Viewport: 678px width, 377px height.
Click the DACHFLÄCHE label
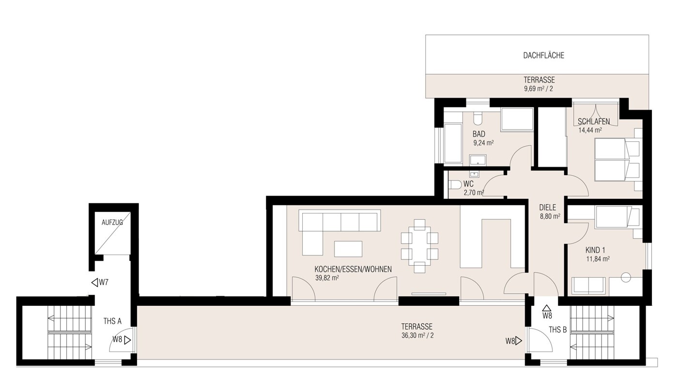(543, 56)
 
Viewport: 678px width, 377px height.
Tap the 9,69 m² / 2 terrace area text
(539, 89)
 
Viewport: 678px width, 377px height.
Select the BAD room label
(478, 134)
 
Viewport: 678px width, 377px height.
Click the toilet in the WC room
(455, 184)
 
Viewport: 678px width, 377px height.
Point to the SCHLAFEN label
(594, 121)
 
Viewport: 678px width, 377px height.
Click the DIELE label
(547, 208)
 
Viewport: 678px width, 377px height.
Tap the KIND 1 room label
(596, 250)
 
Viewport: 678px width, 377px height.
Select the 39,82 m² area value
(326, 278)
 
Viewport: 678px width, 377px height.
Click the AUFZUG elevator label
(112, 223)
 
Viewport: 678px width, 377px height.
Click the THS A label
(112, 321)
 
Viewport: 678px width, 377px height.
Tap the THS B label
(557, 330)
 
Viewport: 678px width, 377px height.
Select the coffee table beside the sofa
(348, 249)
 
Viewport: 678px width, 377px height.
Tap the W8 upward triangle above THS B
(547, 308)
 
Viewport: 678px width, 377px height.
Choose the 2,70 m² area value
(474, 193)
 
